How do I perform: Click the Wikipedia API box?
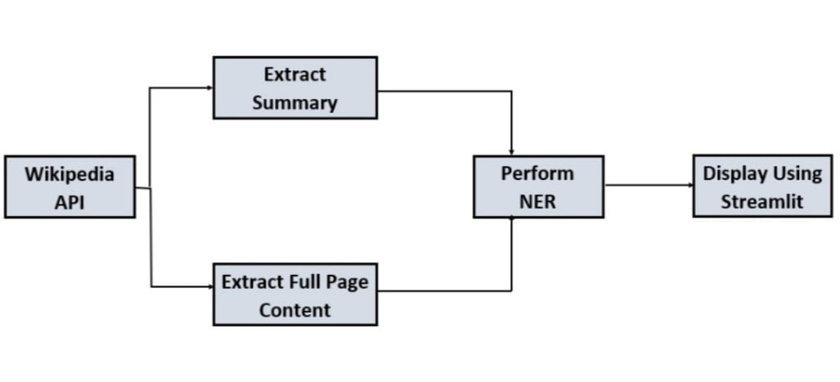(70, 187)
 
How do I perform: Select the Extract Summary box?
(294, 88)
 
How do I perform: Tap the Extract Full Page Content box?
(294, 294)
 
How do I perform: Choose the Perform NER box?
(538, 187)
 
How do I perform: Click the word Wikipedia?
(70, 174)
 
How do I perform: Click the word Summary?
(294, 103)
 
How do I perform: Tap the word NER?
(538, 201)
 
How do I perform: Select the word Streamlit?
(762, 201)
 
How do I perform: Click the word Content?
(294, 310)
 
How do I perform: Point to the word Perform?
(538, 173)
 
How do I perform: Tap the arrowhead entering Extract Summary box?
(209, 87)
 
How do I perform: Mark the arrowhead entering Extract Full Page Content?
(209, 286)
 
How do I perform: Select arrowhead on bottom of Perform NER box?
(512, 221)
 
